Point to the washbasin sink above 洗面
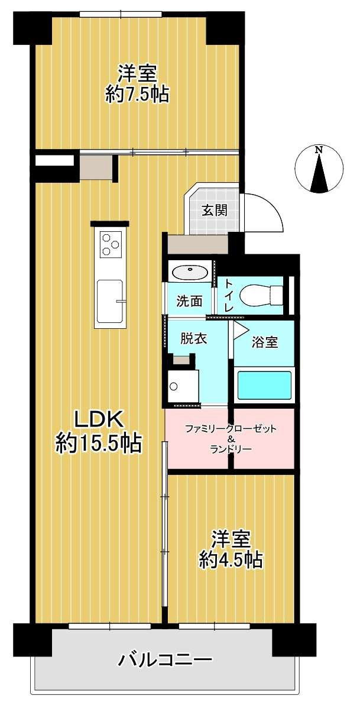[x=189, y=273]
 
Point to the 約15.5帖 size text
[x=99, y=443]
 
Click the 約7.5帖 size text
[x=137, y=94]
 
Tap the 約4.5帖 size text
[x=231, y=559]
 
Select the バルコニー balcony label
[x=164, y=659]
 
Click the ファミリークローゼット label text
[x=231, y=428]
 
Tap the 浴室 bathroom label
[x=264, y=342]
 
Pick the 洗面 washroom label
[x=189, y=301]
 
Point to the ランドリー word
[x=231, y=449]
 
